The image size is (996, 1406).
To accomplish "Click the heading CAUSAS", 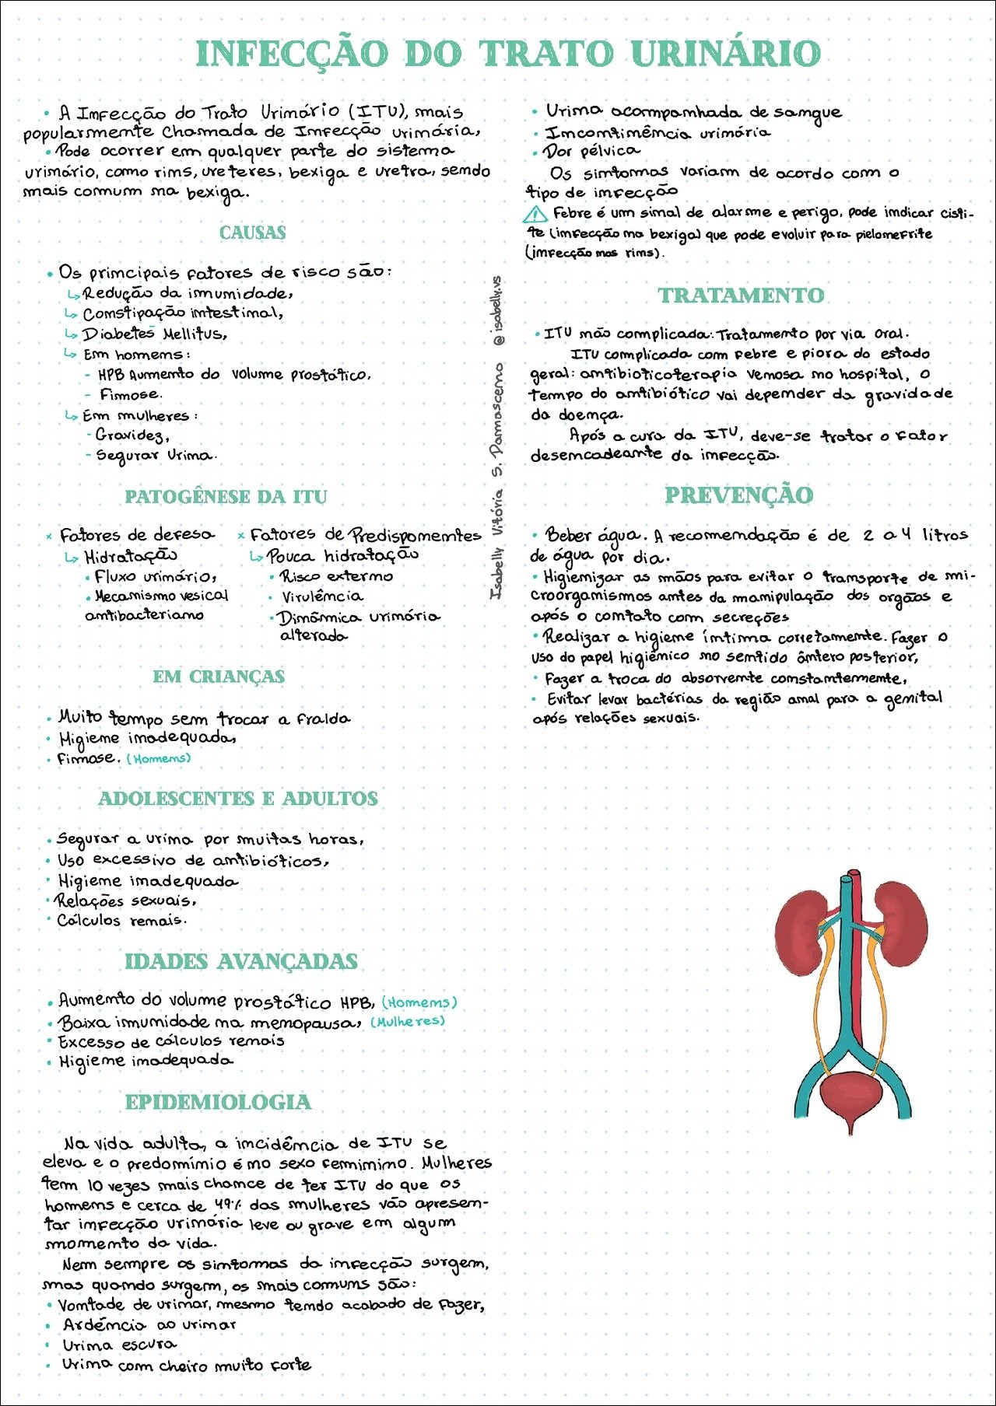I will click(x=252, y=233).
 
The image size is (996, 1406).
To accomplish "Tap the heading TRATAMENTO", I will click(x=741, y=296).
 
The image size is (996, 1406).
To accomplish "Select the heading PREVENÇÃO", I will click(x=738, y=495).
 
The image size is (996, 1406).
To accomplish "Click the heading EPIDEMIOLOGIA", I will click(x=218, y=1102).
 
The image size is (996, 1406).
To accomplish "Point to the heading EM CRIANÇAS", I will click(x=219, y=677).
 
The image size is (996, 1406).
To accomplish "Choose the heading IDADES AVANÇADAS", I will click(x=241, y=961).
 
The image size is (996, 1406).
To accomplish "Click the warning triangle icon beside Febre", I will click(x=535, y=214).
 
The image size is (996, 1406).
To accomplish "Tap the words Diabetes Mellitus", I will click(x=155, y=334).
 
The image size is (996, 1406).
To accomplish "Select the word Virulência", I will click(x=322, y=596).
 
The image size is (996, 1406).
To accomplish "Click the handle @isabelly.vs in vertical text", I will click(x=499, y=311).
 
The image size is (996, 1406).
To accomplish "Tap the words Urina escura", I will click(x=119, y=1345).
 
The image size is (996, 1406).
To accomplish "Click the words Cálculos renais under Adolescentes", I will click(x=121, y=921).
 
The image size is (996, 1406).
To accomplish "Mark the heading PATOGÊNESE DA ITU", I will click(x=226, y=497).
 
